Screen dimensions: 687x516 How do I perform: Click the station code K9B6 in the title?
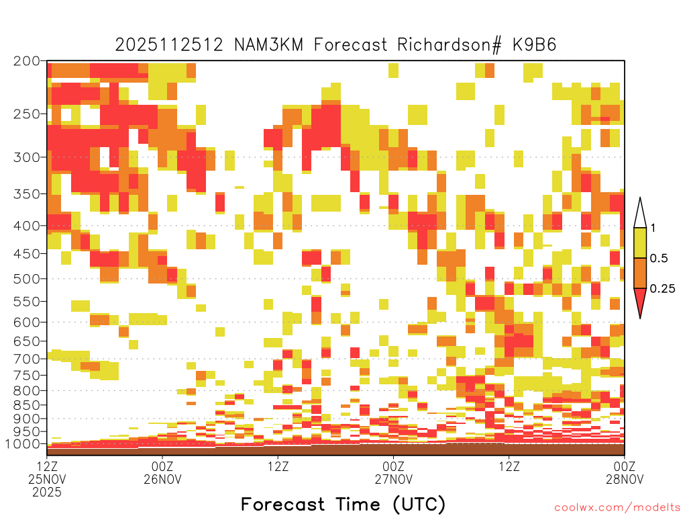534,45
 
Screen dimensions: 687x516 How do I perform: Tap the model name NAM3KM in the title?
268,45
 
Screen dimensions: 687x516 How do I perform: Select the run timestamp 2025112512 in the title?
169,45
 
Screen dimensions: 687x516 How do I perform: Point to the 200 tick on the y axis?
27,61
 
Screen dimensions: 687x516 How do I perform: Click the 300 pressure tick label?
27,157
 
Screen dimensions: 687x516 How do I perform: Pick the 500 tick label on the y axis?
27,279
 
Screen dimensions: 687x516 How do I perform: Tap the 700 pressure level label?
27,359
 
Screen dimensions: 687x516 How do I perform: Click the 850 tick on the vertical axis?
27,405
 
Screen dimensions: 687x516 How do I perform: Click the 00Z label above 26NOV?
162,466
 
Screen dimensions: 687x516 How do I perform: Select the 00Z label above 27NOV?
393,466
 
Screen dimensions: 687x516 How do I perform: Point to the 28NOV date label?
625,479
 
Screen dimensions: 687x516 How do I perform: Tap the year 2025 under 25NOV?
47,492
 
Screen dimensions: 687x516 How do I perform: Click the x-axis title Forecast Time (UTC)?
343,505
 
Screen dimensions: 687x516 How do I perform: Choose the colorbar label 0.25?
662,288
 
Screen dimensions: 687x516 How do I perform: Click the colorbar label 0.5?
659,258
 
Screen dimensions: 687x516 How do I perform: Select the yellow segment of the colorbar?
640,243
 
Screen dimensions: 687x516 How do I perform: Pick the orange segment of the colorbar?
640,273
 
